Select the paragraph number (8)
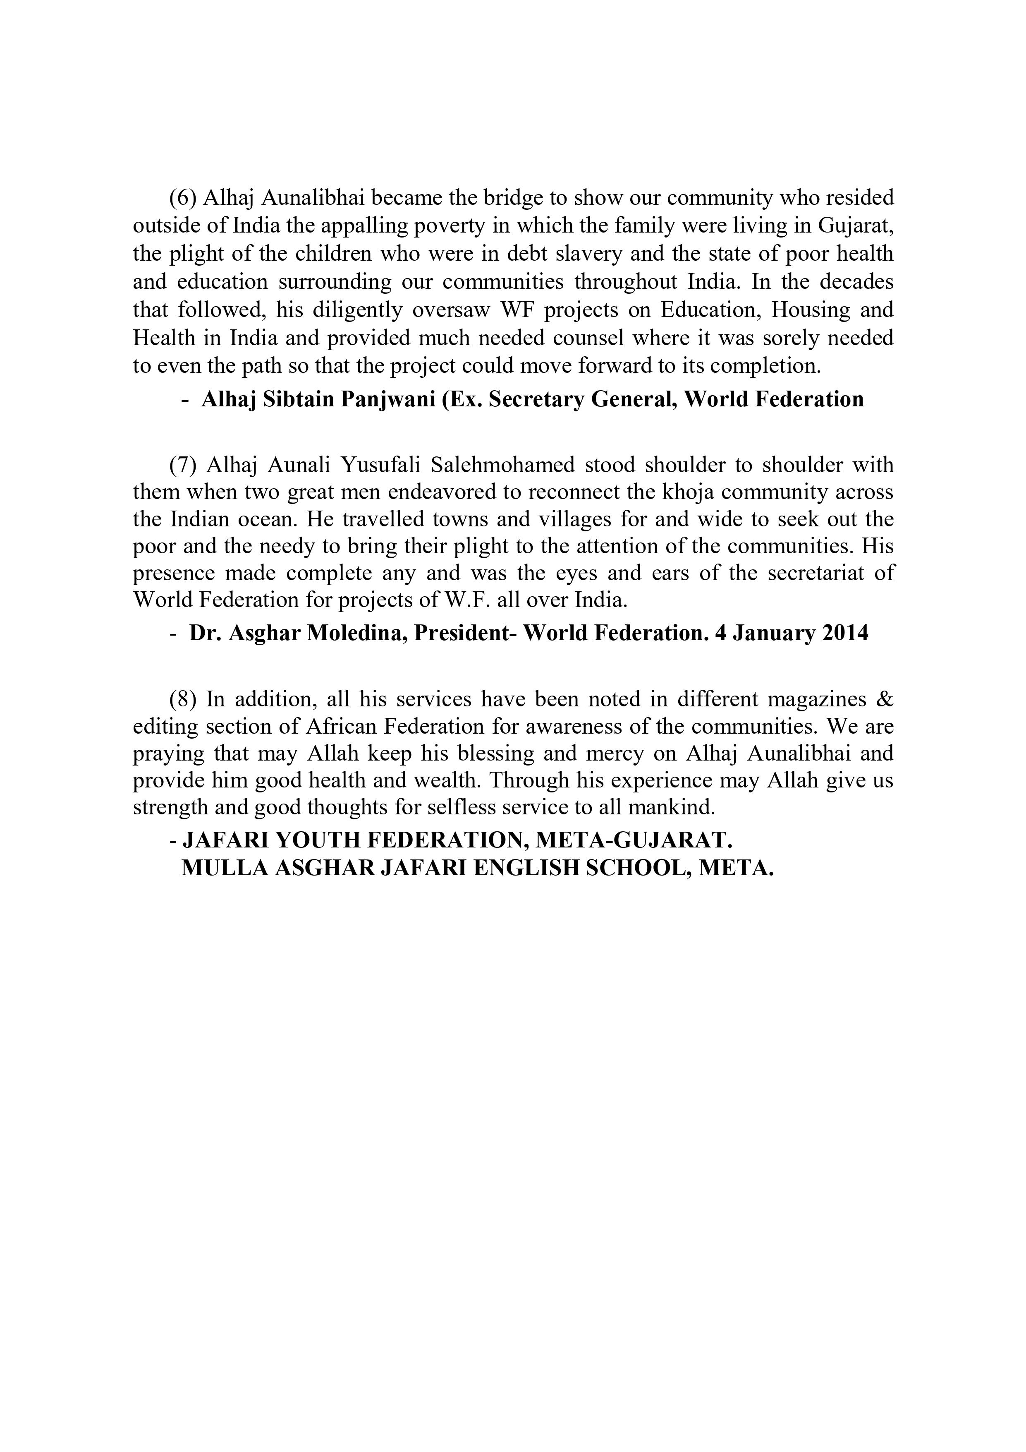pos(183,699)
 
